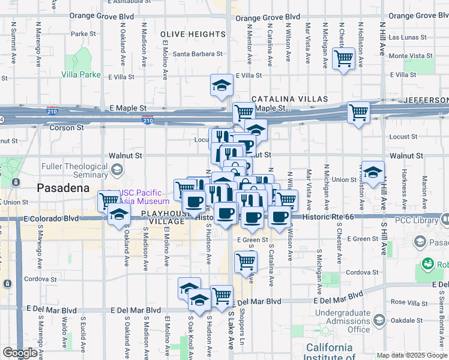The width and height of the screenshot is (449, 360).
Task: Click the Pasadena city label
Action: (x=63, y=187)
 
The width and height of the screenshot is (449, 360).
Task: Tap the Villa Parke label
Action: (x=81, y=75)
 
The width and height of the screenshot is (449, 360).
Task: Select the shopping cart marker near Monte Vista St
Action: (x=343, y=59)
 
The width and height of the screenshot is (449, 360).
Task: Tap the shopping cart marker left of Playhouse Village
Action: (x=109, y=200)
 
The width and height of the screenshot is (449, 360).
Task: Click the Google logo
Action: (x=20, y=353)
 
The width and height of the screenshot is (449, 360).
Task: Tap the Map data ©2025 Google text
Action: (x=411, y=355)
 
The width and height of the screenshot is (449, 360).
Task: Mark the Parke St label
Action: (x=79, y=34)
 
